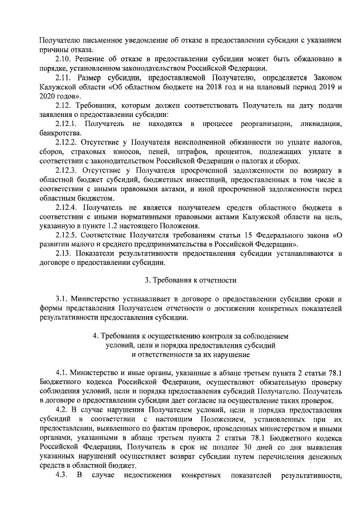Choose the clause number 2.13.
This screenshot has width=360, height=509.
coord(64,253)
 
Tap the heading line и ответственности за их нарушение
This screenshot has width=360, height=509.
coord(191,355)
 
